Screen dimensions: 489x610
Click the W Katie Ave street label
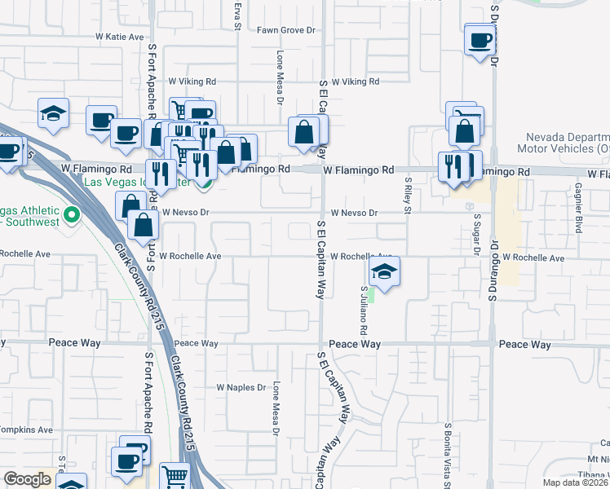(119, 37)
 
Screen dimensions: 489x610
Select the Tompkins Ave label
(26, 430)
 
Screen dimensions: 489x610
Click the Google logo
(27, 478)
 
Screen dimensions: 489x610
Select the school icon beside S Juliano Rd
(384, 271)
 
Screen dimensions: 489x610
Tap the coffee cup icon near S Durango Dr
(480, 39)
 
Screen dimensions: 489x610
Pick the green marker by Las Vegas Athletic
(71, 215)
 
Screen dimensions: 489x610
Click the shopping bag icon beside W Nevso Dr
(142, 226)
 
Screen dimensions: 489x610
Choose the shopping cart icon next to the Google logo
(175, 477)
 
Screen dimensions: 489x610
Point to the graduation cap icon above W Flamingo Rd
(53, 113)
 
